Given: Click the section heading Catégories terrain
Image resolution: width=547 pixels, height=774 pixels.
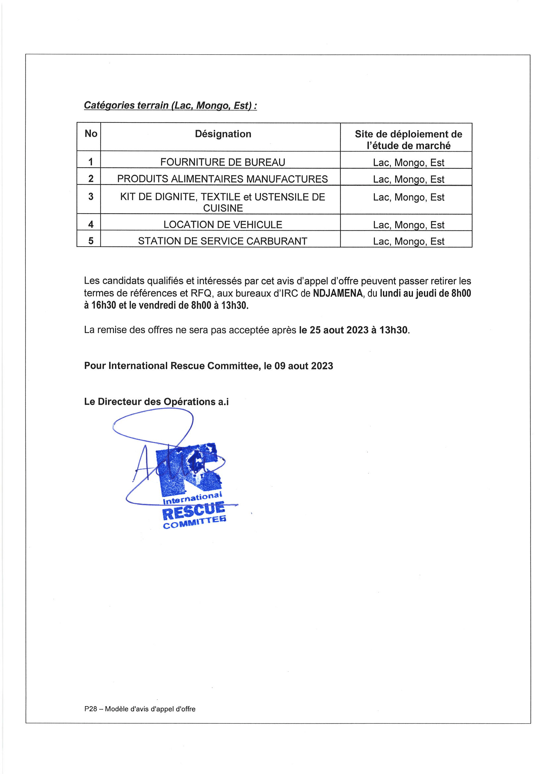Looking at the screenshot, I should click(170, 106).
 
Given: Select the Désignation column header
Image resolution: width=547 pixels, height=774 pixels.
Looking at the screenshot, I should click(223, 134).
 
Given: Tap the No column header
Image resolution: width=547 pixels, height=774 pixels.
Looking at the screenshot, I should click(91, 134).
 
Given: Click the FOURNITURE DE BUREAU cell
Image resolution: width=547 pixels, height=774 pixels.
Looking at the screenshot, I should click(222, 162).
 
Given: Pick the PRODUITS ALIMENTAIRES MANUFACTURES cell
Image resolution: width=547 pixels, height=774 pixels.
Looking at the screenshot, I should click(222, 179).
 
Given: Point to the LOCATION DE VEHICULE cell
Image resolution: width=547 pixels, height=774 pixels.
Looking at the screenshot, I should click(222, 224).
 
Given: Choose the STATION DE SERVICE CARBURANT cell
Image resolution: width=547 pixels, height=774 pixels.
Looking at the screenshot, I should click(222, 241).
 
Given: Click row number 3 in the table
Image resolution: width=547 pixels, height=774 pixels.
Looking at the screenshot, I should click(91, 197).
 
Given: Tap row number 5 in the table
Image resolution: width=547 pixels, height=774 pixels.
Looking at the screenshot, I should click(91, 241).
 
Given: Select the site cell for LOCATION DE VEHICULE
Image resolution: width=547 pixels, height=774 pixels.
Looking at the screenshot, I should click(408, 225).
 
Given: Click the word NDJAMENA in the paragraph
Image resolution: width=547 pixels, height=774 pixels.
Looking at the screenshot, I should click(338, 293).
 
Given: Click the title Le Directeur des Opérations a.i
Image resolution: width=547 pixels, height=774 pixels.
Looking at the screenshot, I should click(156, 402).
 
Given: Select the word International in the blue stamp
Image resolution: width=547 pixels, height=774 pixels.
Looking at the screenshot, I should click(193, 499).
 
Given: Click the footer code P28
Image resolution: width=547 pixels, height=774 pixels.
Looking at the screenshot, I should click(90, 709).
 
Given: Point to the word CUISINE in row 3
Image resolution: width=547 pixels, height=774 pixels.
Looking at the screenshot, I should click(223, 208).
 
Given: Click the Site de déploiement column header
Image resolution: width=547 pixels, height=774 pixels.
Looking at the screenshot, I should click(408, 140).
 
